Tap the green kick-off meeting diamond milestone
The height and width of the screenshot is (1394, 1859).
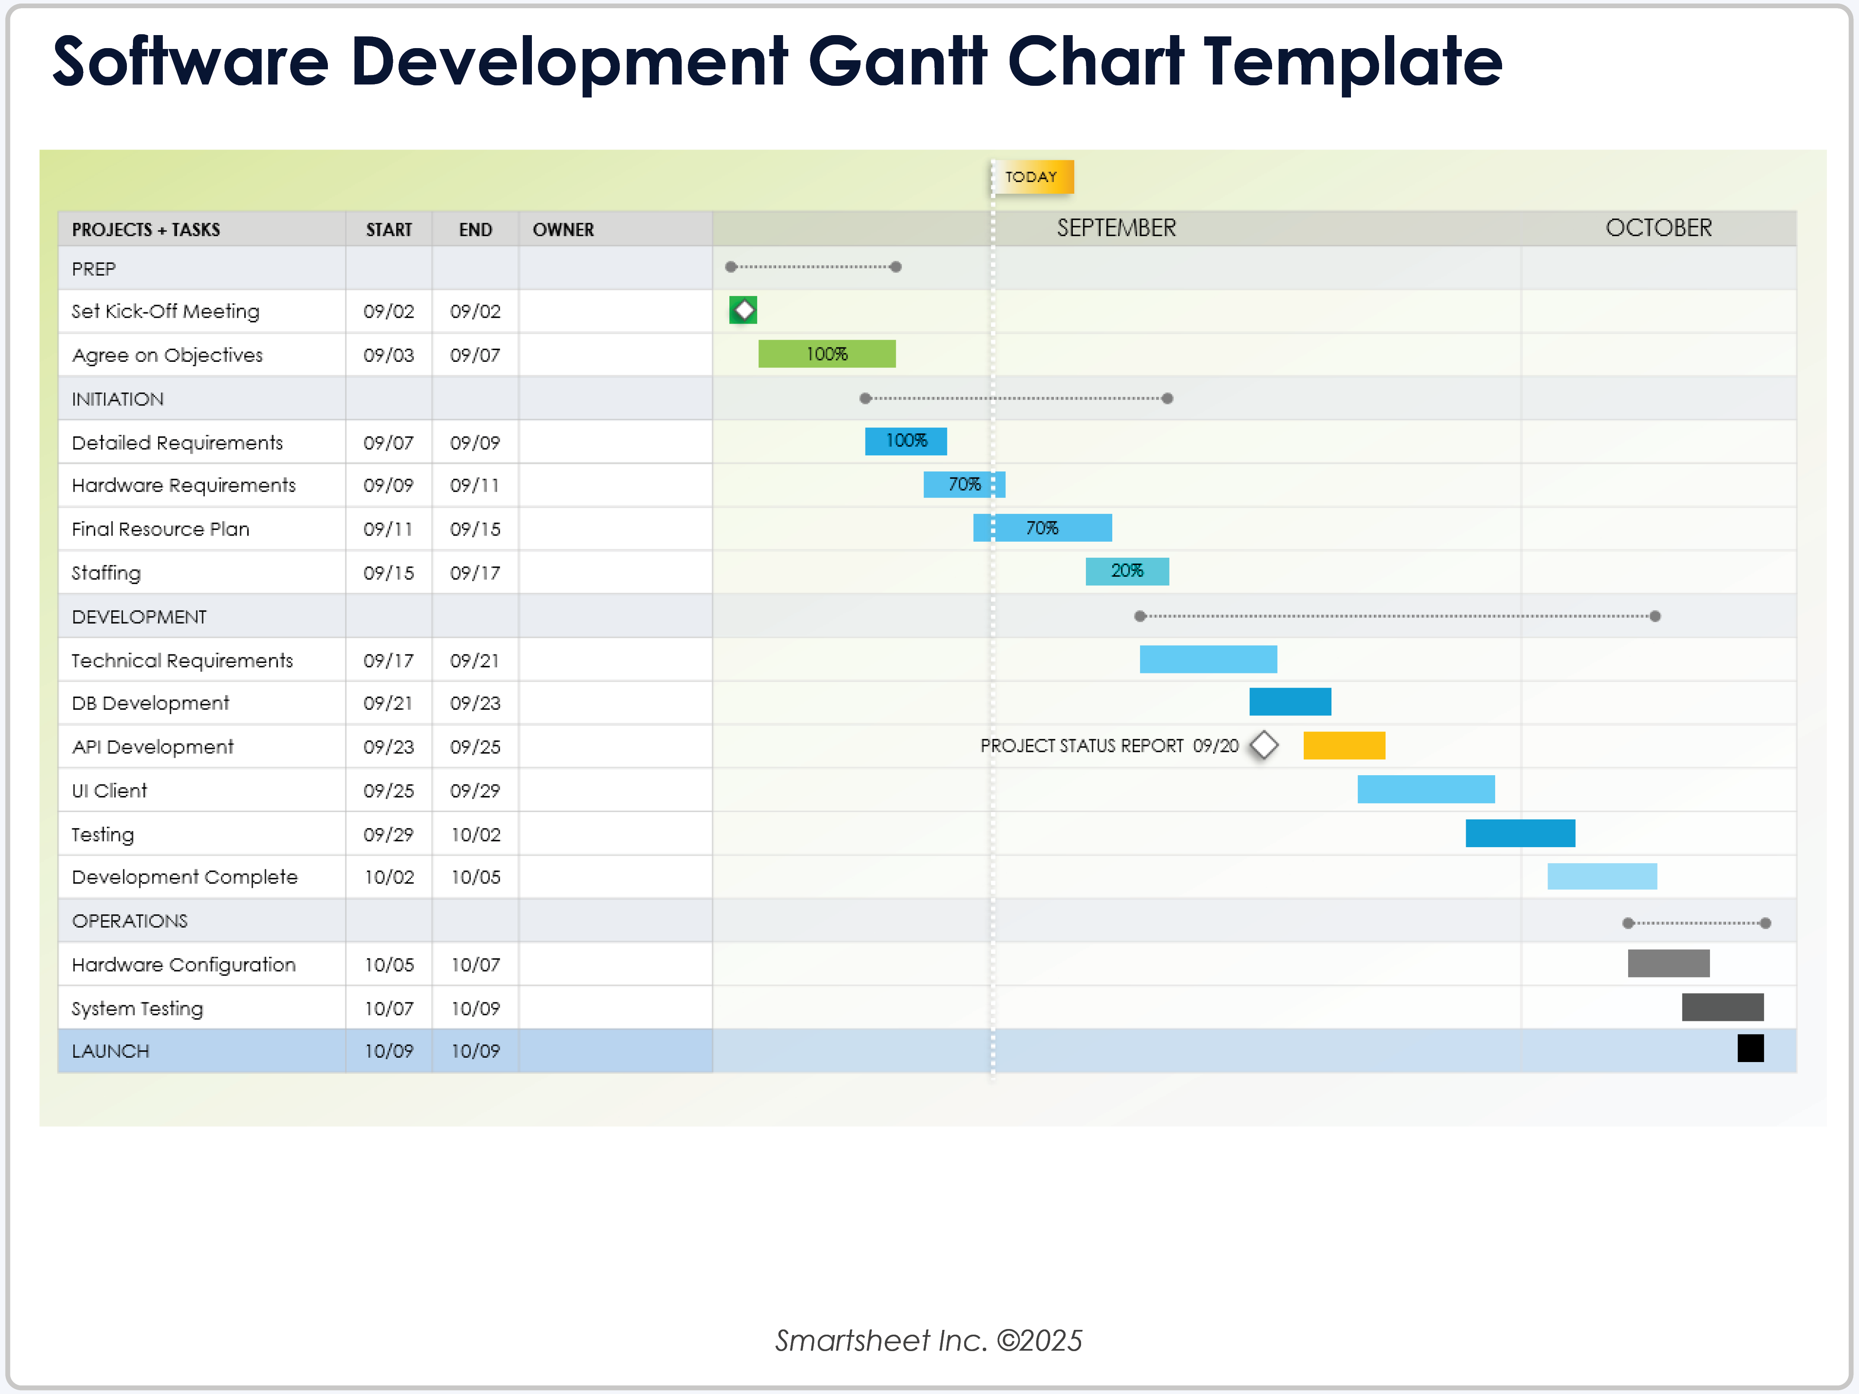click(743, 310)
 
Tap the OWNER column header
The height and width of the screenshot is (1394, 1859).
click(563, 230)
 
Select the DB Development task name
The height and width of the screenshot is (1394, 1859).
click(150, 703)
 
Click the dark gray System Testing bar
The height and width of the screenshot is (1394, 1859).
click(1722, 1007)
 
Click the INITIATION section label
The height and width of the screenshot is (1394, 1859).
click(118, 400)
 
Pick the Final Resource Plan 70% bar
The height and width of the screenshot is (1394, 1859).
click(1042, 528)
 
